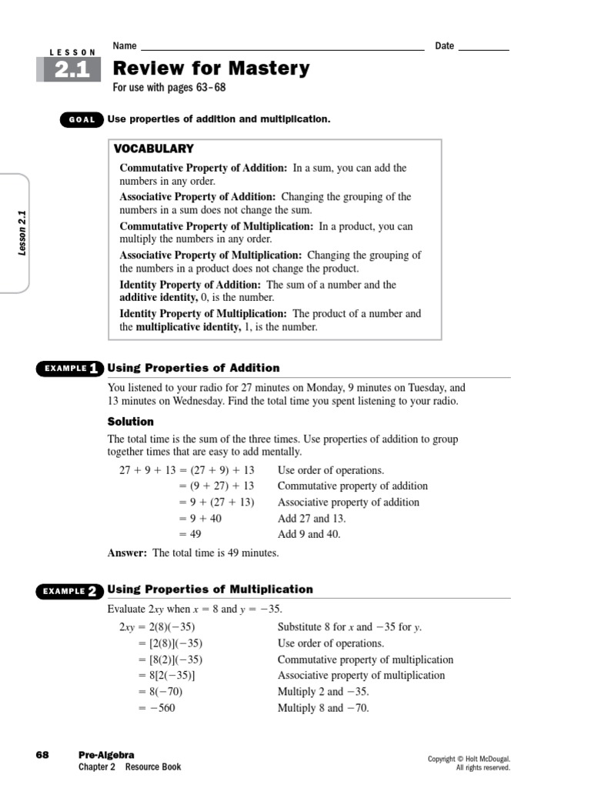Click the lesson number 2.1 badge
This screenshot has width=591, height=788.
tap(72, 70)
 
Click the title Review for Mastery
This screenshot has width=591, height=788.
tap(211, 68)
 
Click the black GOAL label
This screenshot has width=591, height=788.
tap(82, 120)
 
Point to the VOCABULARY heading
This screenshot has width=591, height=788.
tap(154, 149)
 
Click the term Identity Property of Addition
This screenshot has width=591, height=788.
tap(179, 285)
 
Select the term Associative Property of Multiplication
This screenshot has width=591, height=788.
tap(210, 255)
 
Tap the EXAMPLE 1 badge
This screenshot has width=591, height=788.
tap(69, 369)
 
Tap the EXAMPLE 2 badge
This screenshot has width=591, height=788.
tap(69, 591)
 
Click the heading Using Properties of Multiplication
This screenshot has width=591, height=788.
tap(210, 589)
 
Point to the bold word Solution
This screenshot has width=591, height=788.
tap(130, 422)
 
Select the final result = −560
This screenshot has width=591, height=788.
tap(157, 708)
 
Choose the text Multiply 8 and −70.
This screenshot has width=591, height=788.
tap(323, 708)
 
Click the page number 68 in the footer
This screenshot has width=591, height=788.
tap(42, 755)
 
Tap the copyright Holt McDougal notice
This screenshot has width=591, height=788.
tap(469, 763)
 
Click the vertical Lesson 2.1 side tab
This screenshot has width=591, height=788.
tap(22, 233)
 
